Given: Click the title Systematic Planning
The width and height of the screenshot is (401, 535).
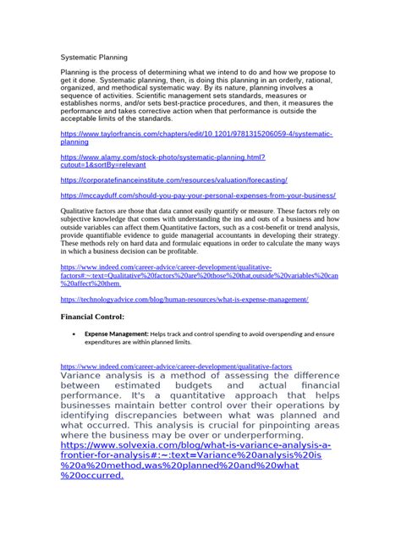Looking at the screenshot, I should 94,58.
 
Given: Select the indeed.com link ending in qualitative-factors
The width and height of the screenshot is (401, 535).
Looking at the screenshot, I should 165,367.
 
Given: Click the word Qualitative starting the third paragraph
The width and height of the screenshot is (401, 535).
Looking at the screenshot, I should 80,209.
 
